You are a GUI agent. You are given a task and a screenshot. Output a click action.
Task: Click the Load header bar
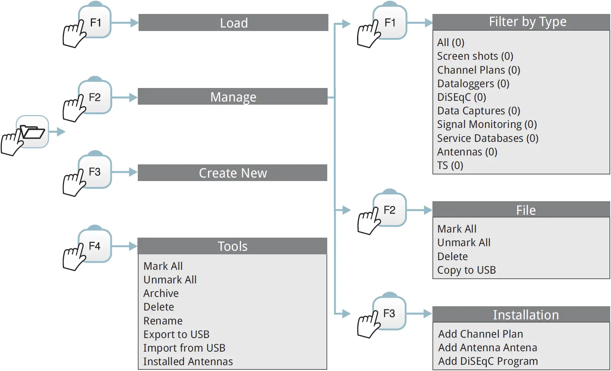point(233,23)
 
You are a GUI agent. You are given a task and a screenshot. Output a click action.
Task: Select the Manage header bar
point(233,97)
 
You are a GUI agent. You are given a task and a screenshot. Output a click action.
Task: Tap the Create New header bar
point(233,173)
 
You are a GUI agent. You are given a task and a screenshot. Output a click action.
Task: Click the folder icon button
point(33,132)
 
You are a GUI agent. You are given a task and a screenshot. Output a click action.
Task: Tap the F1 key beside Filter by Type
point(390,23)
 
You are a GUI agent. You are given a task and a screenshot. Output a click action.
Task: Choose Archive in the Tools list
point(161,293)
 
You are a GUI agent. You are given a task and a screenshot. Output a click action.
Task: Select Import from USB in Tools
point(184,348)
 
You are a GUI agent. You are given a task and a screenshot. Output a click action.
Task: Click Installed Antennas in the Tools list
point(188,362)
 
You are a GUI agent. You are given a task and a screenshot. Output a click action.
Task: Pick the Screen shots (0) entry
point(475,56)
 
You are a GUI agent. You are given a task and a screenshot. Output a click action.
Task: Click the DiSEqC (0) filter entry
point(462,97)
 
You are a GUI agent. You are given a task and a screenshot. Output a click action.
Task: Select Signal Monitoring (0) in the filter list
point(487,124)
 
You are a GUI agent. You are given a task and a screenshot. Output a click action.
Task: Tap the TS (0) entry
point(450,166)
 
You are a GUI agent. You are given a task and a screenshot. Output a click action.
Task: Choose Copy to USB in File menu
point(467,270)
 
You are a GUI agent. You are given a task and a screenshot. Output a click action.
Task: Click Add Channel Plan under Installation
point(481,334)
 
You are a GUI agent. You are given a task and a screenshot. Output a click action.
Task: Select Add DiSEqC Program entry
point(488,361)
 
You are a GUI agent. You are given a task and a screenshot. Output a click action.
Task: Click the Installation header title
point(526,315)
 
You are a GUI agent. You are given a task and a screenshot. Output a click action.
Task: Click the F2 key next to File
point(389,210)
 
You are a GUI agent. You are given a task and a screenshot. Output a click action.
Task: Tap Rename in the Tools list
point(163,321)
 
